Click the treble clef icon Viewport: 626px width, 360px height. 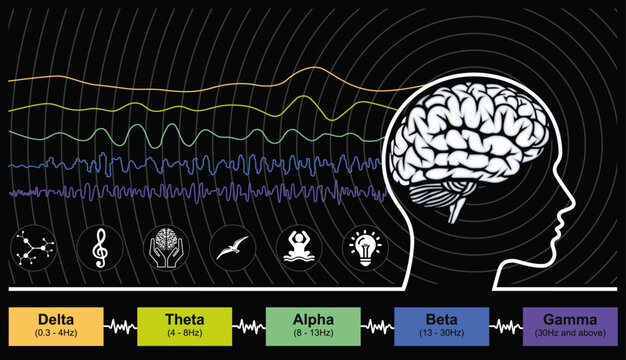coord(100,244)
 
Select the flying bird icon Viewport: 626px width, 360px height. coord(230,246)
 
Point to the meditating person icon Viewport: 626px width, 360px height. coord(296,244)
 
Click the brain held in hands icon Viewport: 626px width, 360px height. coord(165,244)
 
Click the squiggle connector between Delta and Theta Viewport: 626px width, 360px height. coord(122,326)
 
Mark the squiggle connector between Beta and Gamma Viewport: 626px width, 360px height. coord(505,326)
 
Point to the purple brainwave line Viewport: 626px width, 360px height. coord(200,189)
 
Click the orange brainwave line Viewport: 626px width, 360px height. coord(200,78)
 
